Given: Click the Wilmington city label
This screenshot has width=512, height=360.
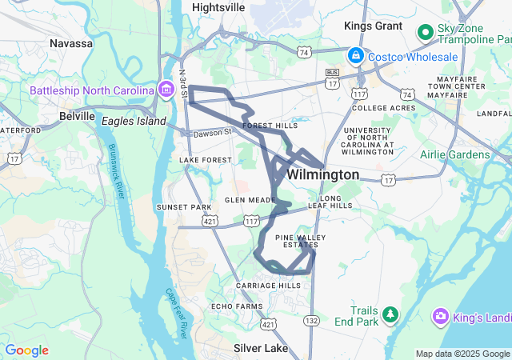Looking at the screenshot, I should click(x=322, y=174).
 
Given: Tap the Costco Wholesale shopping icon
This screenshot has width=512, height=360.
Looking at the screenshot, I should click(x=355, y=57).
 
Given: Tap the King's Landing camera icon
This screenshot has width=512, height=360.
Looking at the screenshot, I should click(x=440, y=317).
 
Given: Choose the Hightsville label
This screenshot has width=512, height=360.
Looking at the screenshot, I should click(x=218, y=6).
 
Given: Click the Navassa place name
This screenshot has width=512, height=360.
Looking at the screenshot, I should click(x=71, y=43).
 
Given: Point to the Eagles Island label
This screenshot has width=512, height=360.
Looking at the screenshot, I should click(x=134, y=121).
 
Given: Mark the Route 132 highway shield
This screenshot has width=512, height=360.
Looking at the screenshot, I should click(x=311, y=320).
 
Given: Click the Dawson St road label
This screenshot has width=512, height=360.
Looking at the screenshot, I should click(x=211, y=132).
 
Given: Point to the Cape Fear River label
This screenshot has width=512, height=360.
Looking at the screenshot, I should click(x=175, y=312).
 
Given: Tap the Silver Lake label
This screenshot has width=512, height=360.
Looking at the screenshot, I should click(x=260, y=349).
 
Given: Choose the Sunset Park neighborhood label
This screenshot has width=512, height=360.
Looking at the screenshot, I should click(x=184, y=207).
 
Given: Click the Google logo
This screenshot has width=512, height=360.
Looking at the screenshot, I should click(x=26, y=350).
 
